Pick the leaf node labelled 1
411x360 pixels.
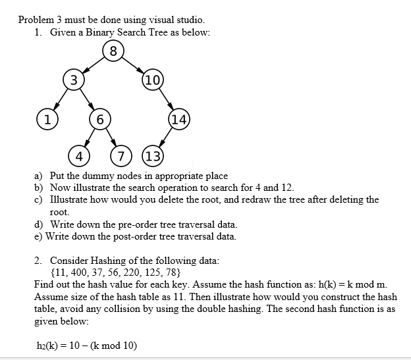pos(46,118)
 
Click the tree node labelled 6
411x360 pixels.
pos(99,119)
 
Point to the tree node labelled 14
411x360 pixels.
pos(179,119)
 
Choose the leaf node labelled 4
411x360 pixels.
pos(79,157)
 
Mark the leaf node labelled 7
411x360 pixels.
pos(121,157)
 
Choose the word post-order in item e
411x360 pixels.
pos(142,236)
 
